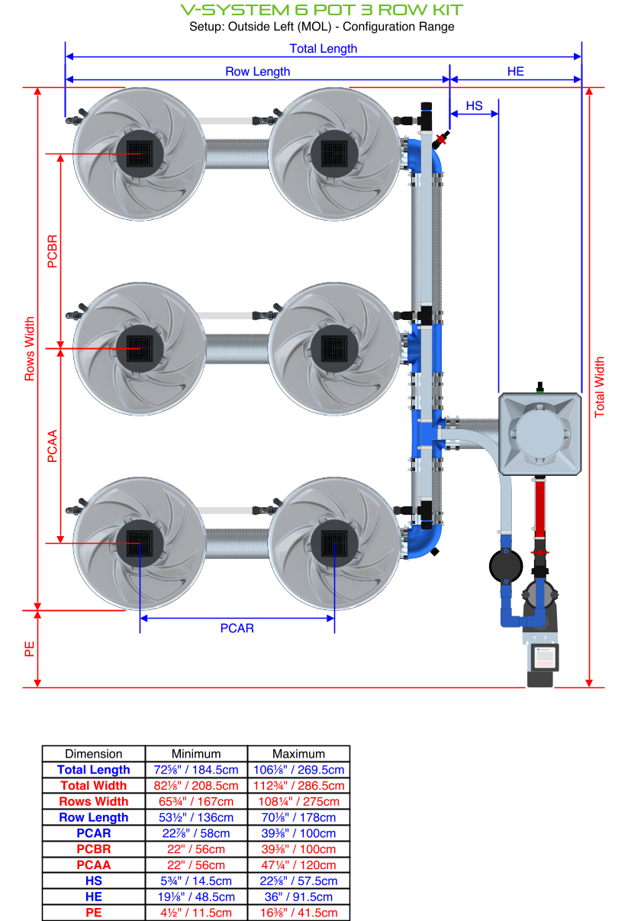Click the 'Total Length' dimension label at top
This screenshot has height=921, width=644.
click(x=323, y=48)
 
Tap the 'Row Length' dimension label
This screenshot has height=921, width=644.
click(x=257, y=71)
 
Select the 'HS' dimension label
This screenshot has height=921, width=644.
click(x=474, y=105)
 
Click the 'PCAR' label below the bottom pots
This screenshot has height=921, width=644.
click(x=237, y=628)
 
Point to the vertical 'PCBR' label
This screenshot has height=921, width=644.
click(x=52, y=251)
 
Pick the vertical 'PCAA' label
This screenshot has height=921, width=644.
click(x=52, y=446)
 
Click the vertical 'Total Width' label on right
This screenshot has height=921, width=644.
click(x=600, y=386)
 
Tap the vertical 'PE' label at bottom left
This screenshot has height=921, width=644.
click(x=30, y=649)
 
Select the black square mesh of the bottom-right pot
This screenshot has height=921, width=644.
click(x=334, y=543)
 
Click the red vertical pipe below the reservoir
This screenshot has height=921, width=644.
click(x=540, y=507)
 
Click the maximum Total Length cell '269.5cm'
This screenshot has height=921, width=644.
click(x=298, y=770)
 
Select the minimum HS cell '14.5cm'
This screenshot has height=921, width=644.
click(x=196, y=881)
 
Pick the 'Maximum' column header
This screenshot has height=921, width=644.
click(x=298, y=753)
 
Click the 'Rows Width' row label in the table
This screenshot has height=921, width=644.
click(x=93, y=801)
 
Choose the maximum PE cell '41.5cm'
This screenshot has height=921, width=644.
click(x=298, y=913)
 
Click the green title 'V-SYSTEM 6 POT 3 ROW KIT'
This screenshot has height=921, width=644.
click(x=321, y=10)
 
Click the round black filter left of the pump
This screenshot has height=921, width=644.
click(x=505, y=565)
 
